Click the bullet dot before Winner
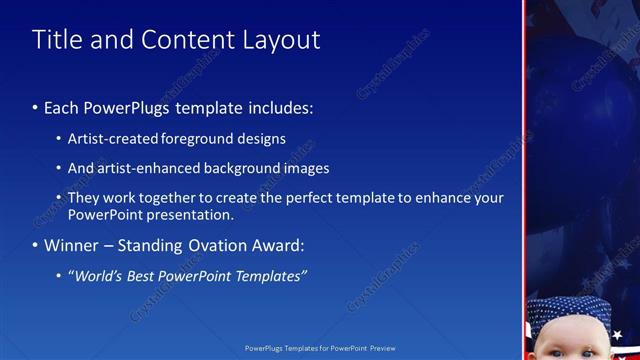(x=36, y=246)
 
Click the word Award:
(x=277, y=245)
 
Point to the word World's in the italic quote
(x=96, y=276)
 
